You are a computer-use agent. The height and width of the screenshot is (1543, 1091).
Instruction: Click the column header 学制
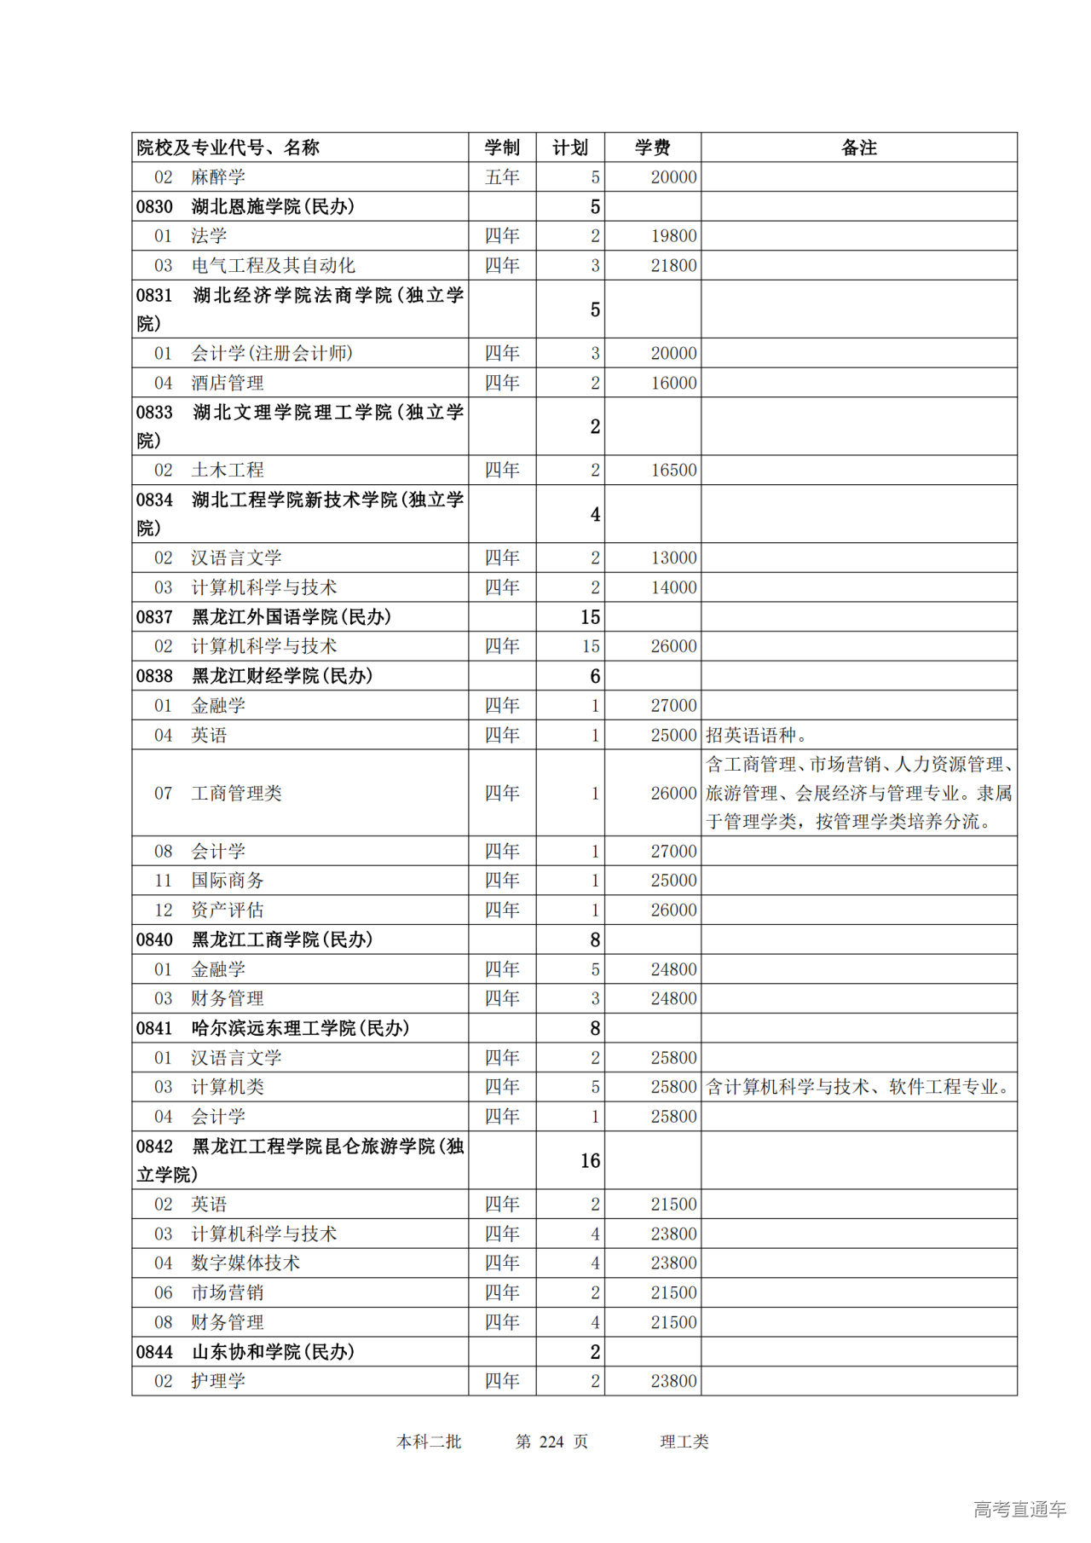click(x=502, y=147)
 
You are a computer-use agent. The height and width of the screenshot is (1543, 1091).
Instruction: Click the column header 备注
click(x=858, y=147)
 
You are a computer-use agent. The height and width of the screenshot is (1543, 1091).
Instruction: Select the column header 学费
click(x=652, y=147)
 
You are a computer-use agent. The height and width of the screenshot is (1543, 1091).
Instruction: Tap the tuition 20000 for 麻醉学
click(x=673, y=177)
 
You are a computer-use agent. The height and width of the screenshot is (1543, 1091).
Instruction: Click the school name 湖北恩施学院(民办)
click(x=273, y=206)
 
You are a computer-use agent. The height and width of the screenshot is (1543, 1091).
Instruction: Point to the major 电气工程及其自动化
click(x=273, y=265)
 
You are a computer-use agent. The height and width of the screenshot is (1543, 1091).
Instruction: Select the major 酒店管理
click(x=228, y=383)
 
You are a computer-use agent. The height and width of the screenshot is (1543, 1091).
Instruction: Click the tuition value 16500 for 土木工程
click(x=673, y=470)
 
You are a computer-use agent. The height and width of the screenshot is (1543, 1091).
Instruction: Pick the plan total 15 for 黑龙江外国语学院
click(x=590, y=617)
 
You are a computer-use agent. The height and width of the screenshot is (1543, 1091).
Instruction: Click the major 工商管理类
click(x=236, y=793)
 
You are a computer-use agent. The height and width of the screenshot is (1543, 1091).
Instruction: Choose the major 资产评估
click(x=228, y=910)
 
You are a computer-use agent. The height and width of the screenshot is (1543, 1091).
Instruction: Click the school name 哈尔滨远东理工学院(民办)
click(x=300, y=1028)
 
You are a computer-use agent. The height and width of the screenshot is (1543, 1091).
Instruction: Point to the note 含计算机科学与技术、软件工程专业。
click(x=859, y=1087)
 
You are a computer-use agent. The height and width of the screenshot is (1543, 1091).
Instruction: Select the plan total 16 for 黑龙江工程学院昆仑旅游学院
click(x=590, y=1160)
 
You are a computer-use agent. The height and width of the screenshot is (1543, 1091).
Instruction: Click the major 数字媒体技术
click(x=245, y=1263)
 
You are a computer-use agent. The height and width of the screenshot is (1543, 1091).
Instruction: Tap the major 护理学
click(x=218, y=1380)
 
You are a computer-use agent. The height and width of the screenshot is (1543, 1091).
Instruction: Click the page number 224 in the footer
click(x=551, y=1442)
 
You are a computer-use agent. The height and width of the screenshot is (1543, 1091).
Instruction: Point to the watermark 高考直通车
click(x=1019, y=1509)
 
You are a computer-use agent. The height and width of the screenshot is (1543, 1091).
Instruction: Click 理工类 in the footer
click(x=684, y=1442)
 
